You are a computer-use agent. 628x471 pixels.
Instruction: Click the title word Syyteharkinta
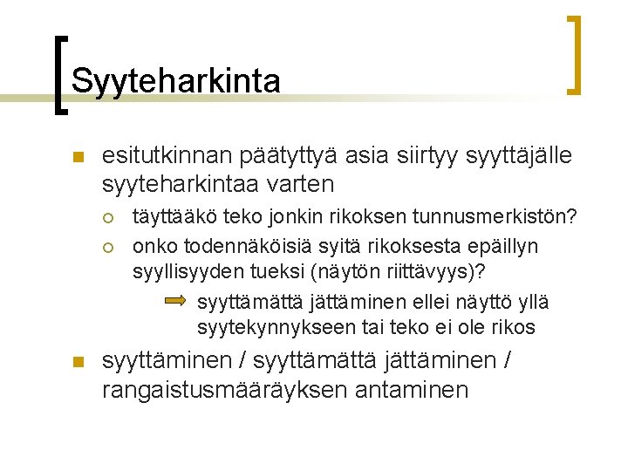(x=176, y=81)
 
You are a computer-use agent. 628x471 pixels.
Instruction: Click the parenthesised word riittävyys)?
(x=447, y=272)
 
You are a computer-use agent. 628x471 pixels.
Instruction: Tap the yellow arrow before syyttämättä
(x=175, y=301)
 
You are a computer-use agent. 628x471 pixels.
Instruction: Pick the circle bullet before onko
(x=108, y=247)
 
